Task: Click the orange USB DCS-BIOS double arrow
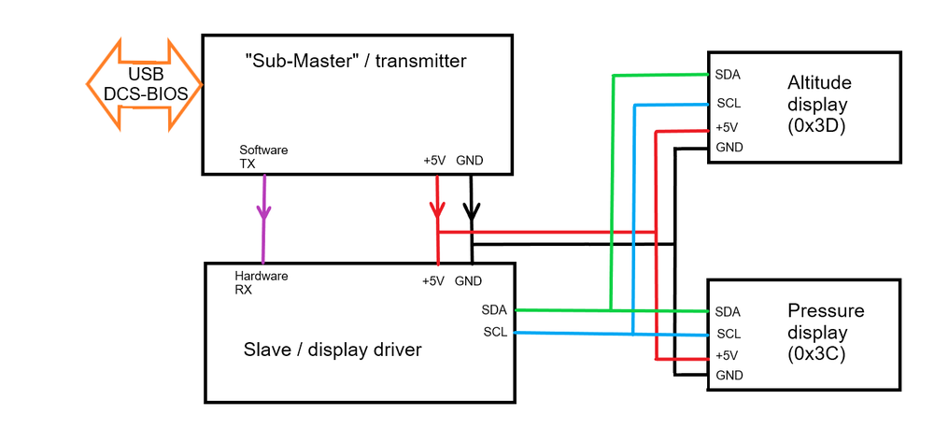(x=145, y=84)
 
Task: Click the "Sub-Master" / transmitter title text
(x=355, y=62)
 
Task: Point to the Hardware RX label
(x=261, y=282)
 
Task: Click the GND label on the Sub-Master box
(x=471, y=160)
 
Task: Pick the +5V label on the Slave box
(x=433, y=280)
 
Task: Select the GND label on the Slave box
(x=468, y=280)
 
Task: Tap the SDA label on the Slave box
(x=494, y=309)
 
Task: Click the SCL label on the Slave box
(x=495, y=332)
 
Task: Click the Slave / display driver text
(x=333, y=350)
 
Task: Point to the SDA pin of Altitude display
(x=728, y=74)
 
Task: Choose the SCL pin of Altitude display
(x=728, y=103)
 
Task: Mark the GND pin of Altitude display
(x=729, y=148)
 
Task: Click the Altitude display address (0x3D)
(x=817, y=126)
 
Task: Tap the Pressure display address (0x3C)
(x=817, y=354)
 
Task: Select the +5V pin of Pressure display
(x=727, y=355)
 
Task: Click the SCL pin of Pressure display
(x=728, y=334)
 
